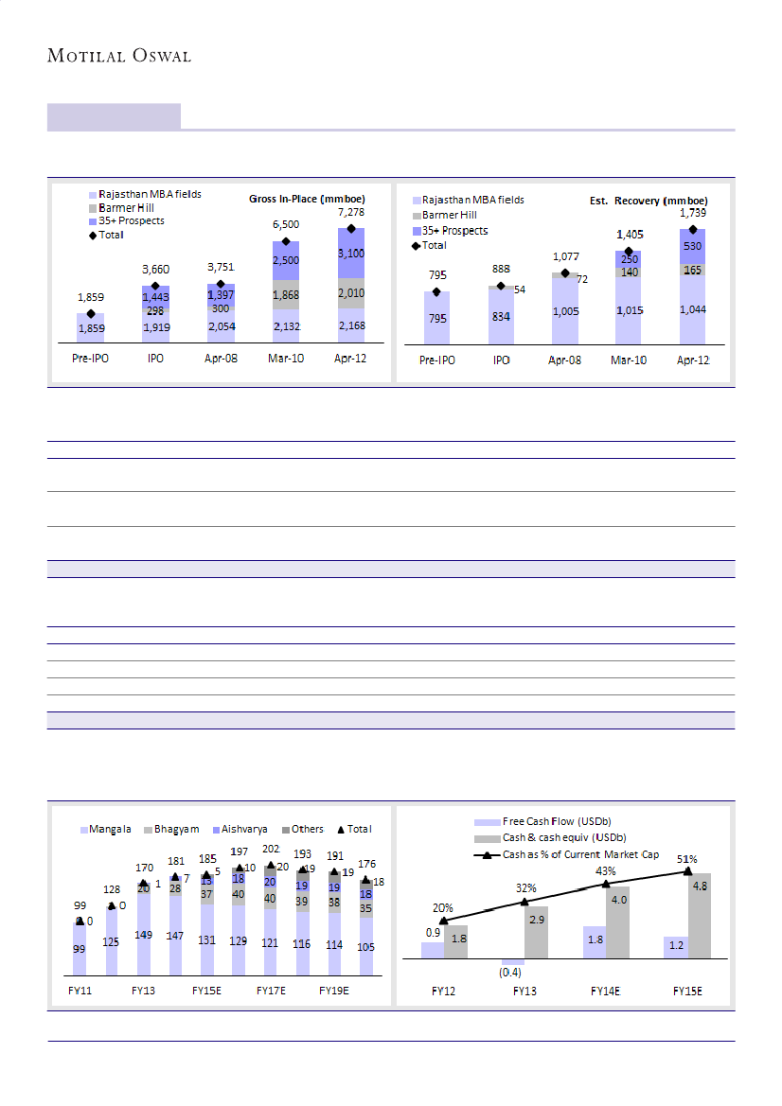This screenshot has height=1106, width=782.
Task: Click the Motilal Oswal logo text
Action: point(119,56)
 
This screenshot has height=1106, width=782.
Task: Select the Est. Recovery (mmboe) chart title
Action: point(643,201)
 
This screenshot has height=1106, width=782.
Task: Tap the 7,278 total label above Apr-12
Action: point(350,214)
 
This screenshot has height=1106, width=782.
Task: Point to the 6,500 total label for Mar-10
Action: point(286,225)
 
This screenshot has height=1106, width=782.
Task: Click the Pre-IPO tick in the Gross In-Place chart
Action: point(91,360)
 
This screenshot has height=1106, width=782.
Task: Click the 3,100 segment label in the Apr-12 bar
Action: point(350,254)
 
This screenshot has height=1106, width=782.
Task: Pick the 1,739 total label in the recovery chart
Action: point(693,214)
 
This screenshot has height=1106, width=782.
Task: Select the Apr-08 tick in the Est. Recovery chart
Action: point(564,361)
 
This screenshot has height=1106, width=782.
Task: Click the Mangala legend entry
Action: point(109,829)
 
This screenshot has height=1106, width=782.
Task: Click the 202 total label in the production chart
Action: point(271,851)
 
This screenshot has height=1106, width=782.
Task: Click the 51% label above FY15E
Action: point(687,859)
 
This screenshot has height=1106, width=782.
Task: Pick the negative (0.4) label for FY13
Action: point(511,972)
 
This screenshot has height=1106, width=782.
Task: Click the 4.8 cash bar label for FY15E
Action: point(699,887)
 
